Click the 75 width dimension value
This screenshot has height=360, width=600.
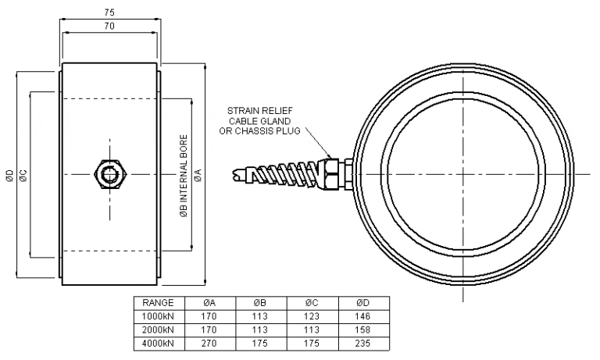tap(110, 12)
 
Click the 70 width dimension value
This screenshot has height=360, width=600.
tap(110, 26)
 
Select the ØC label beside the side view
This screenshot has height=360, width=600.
tap(23, 174)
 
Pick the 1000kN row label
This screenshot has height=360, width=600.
tap(158, 316)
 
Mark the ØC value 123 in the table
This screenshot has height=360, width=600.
tap(310, 316)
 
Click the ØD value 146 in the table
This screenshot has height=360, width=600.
tap(361, 316)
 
